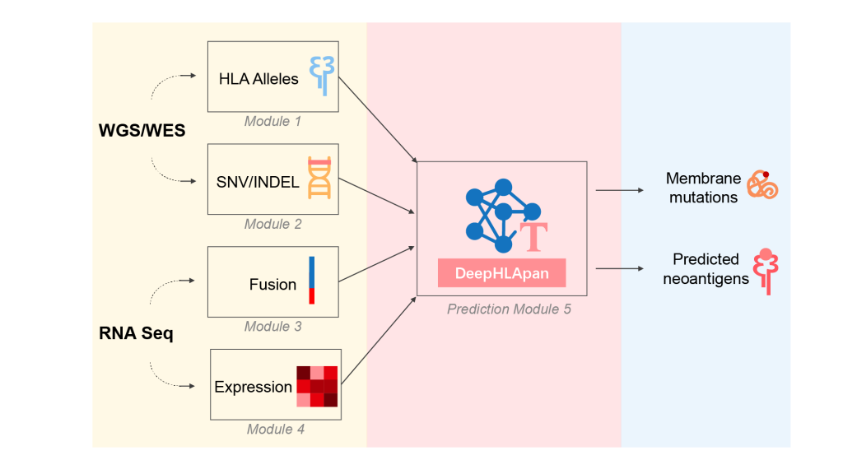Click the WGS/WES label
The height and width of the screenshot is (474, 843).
pos(140,131)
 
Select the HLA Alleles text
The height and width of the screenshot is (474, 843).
pos(258,79)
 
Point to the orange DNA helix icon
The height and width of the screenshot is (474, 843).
pos(319,178)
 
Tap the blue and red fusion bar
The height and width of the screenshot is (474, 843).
pos(312,280)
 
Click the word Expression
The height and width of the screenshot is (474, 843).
pos(253,387)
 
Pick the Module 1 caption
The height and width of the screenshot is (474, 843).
pos(272,122)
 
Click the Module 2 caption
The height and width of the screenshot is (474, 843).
pos(272,224)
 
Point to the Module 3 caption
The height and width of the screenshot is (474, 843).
pos(272,327)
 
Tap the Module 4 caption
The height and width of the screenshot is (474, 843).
pos(276,430)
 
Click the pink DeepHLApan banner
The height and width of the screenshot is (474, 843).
pos(501,273)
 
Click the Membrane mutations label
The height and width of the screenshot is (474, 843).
pos(703,188)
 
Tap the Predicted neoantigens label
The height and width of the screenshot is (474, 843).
pos(706,269)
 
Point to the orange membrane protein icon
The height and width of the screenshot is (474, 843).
pos(761,186)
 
